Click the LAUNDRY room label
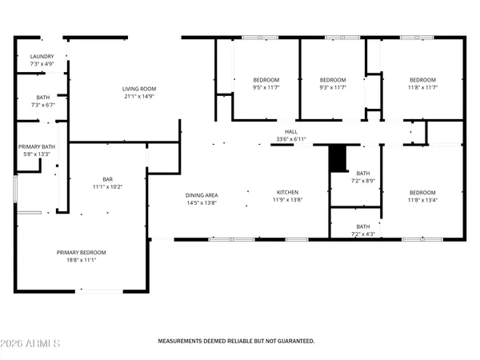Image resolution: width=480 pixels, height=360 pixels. tap(42, 56)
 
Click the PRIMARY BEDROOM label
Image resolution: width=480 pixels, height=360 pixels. tap(81, 253)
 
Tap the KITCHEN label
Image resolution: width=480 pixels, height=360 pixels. tap(288, 193)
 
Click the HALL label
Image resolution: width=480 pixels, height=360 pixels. tap(291, 132)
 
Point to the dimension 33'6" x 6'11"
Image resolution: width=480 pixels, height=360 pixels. tap(291, 139)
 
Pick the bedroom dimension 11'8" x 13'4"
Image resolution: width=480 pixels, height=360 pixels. tap(422, 200)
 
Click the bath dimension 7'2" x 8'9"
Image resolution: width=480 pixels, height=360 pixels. tap(363, 181)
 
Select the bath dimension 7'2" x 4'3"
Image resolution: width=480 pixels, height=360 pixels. tap(363, 234)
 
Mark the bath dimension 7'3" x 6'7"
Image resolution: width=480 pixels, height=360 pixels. tap(42, 105)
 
